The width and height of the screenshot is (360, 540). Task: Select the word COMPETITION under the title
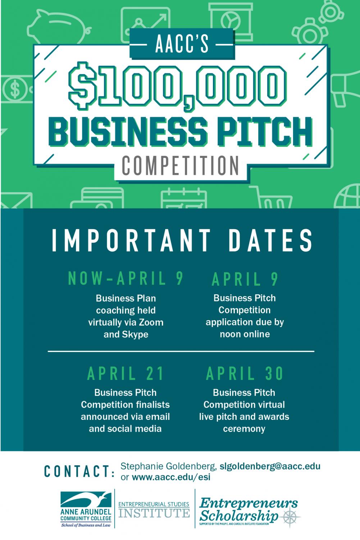pyautogui.click(x=180, y=165)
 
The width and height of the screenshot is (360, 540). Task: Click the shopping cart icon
pyautogui.click(x=271, y=197)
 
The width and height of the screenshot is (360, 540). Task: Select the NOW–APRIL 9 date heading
pyautogui.click(x=126, y=278)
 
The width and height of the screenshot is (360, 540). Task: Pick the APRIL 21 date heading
pyautogui.click(x=126, y=373)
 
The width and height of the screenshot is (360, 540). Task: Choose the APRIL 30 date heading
pyautogui.click(x=245, y=373)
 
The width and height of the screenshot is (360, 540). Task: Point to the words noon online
pyautogui.click(x=245, y=334)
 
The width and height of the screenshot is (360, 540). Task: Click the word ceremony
pyautogui.click(x=244, y=429)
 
